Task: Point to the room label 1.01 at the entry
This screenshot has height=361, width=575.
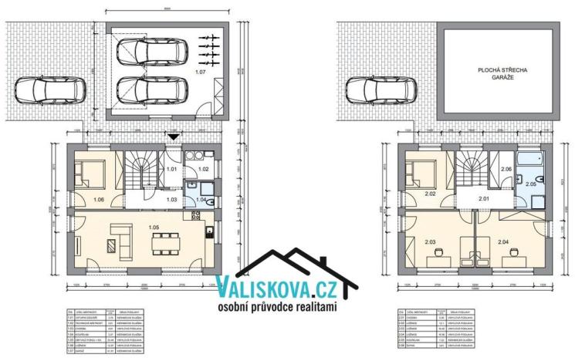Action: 173,168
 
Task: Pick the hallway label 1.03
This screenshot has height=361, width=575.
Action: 173,200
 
